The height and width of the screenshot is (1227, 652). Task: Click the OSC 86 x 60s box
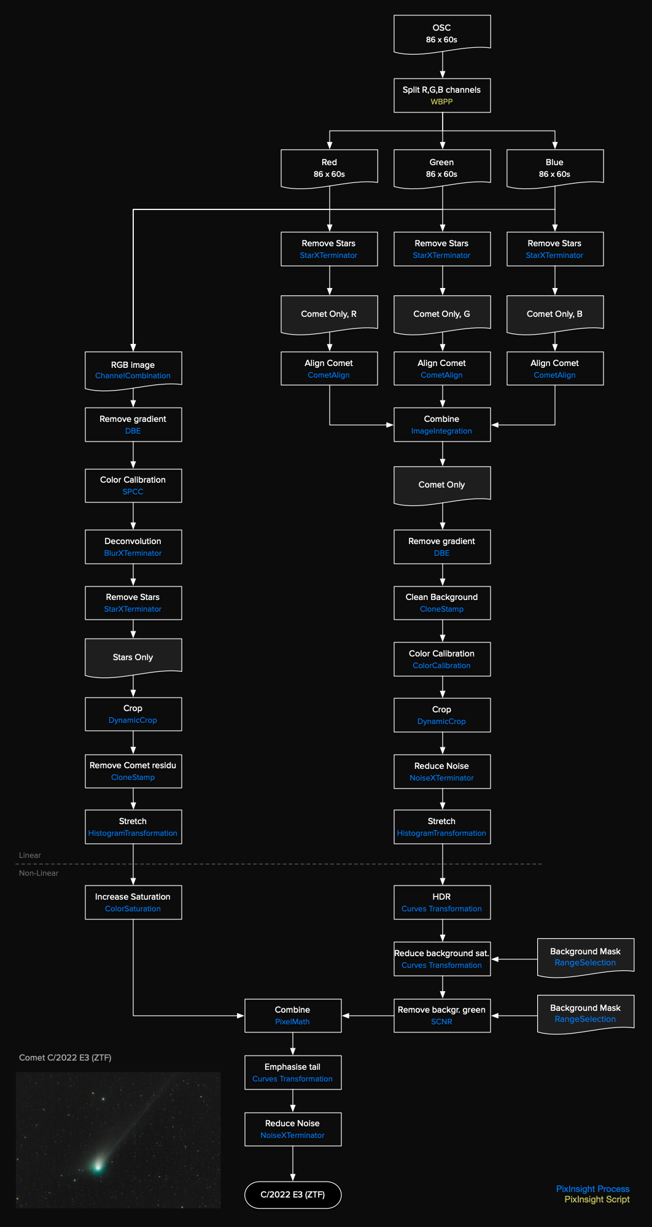point(442,34)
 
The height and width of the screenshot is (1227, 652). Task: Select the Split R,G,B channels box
point(442,95)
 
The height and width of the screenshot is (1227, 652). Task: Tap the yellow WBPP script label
point(441,102)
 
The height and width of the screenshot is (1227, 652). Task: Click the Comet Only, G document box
point(442,314)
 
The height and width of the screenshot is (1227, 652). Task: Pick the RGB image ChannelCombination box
point(133,370)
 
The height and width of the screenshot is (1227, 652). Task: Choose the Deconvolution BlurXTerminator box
point(133,547)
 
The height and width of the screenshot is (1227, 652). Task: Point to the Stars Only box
point(133,657)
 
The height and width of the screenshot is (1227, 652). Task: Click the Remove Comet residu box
point(133,771)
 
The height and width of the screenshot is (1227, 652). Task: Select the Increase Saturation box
point(133,902)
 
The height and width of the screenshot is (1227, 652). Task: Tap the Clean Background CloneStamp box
point(442,602)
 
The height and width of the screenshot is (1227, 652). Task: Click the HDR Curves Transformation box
point(442,902)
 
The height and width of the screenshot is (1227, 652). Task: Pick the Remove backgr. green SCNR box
point(442,1015)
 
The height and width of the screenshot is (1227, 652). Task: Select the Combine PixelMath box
point(293,1015)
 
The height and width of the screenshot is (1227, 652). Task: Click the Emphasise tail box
point(293,1072)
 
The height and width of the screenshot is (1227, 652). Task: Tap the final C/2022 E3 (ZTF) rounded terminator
point(293,1194)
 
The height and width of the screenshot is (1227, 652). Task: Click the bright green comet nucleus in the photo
point(98,1165)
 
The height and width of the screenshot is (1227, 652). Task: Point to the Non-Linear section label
point(39,873)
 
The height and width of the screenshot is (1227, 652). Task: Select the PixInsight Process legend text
point(592,1189)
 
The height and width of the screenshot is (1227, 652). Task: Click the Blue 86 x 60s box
point(555,168)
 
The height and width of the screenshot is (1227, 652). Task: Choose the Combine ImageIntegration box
point(442,424)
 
